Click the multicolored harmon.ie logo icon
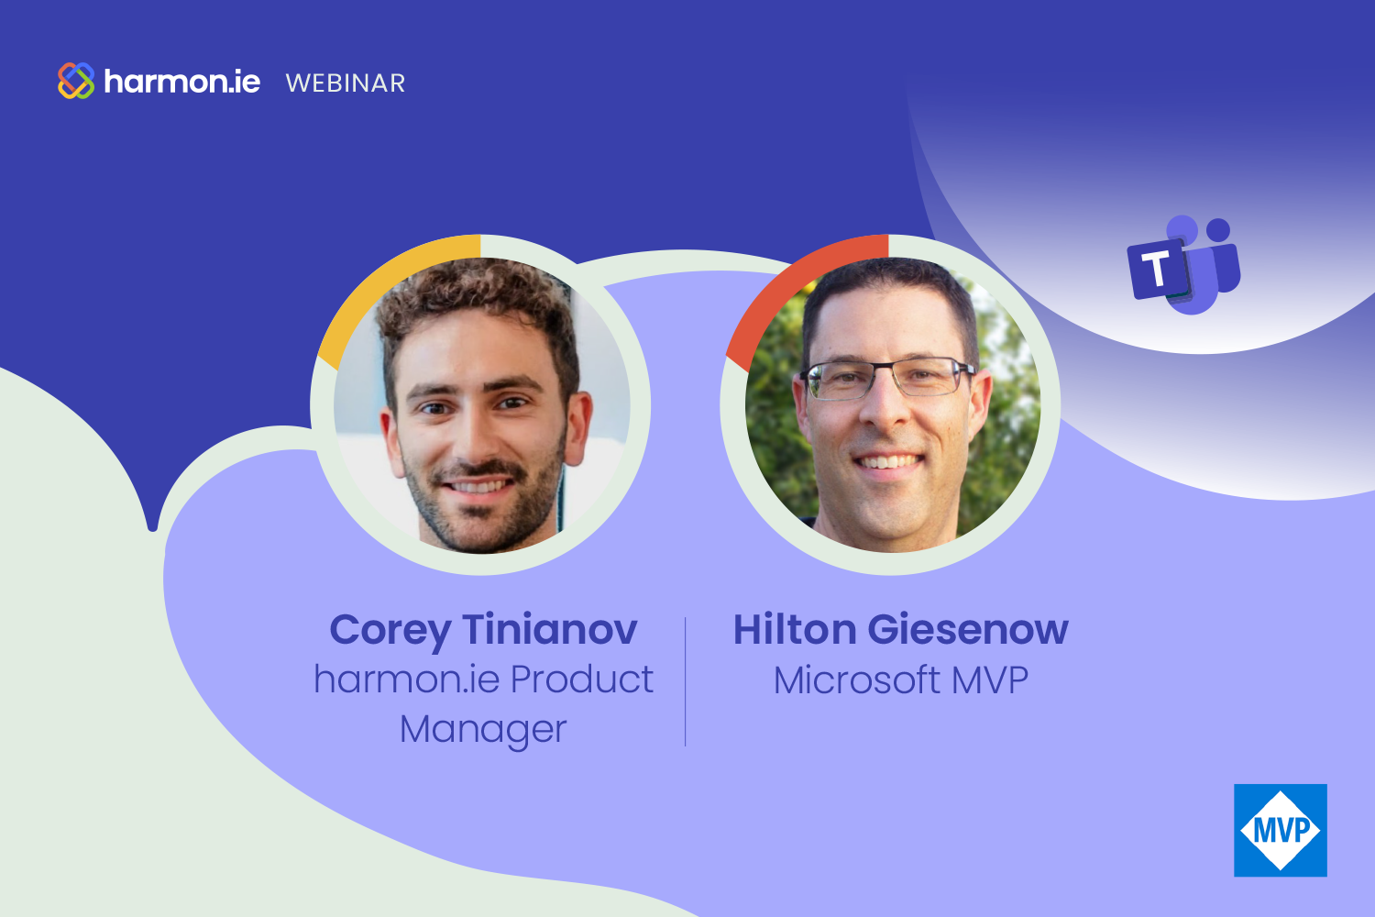pyautogui.click(x=76, y=81)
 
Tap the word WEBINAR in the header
pyautogui.click(x=346, y=83)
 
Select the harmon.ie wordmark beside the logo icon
pyautogui.click(x=182, y=82)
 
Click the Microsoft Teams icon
pyautogui.click(x=1183, y=265)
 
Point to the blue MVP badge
pyautogui.click(x=1281, y=830)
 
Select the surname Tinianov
pyautogui.click(x=550, y=630)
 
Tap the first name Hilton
pyautogui.click(x=795, y=630)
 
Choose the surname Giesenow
pyautogui.click(x=968, y=630)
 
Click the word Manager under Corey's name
pyautogui.click(x=483, y=730)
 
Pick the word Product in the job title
pyautogui.click(x=582, y=679)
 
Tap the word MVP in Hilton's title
pyautogui.click(x=990, y=680)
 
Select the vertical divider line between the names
pyautogui.click(x=685, y=681)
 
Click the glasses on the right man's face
pyautogui.click(x=888, y=378)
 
